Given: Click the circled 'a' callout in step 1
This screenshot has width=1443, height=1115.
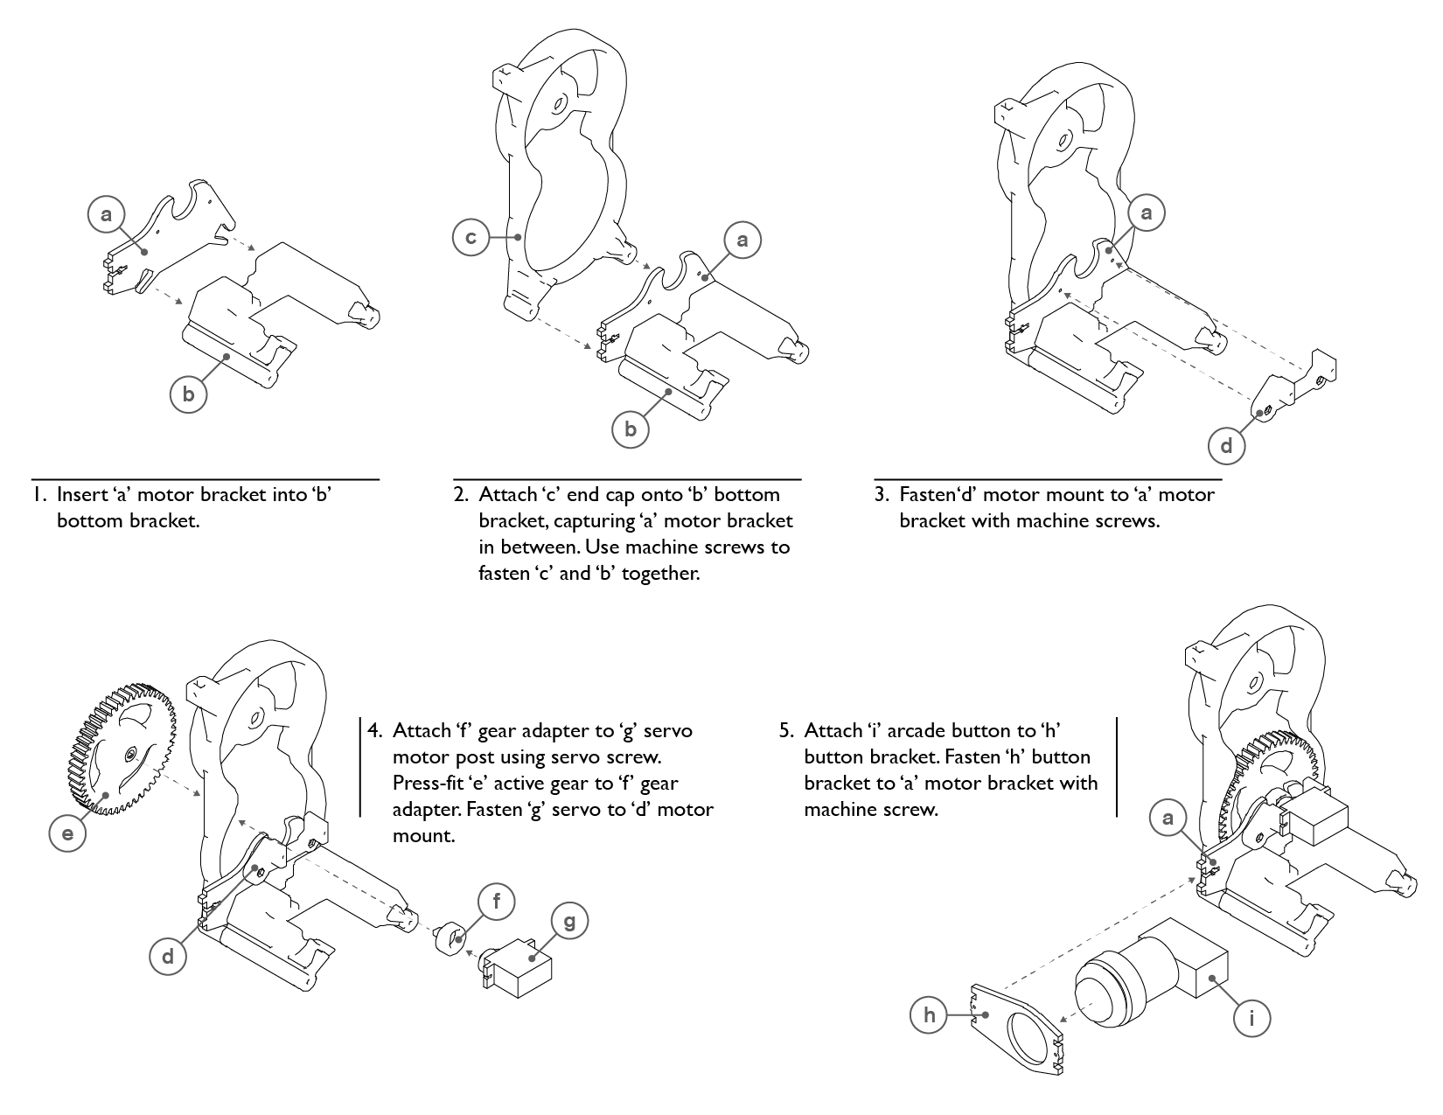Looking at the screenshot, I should pos(107,214).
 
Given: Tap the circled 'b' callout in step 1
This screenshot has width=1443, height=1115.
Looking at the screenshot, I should pos(189,394).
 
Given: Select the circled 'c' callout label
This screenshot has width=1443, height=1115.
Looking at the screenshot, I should pos(471,238).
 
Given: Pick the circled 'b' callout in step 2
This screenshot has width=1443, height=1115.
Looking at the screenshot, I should pos(631,429).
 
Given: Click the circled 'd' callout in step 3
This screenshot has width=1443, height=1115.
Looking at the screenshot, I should pos(1226,446).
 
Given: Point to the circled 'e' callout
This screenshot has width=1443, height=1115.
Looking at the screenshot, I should pos(68,833).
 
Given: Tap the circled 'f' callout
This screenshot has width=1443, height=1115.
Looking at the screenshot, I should pos(497,901).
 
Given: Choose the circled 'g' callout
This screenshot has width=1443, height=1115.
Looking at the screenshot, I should pos(570,921).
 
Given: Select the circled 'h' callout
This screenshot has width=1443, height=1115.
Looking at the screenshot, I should pos(929,1014).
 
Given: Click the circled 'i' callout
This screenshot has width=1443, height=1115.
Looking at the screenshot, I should pos(1252,1018).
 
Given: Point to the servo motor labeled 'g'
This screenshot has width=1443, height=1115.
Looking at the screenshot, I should pos(520,969).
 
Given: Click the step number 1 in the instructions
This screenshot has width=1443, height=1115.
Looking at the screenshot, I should pos(38,495).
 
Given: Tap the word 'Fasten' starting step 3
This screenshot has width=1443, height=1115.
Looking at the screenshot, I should pos(926,495).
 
